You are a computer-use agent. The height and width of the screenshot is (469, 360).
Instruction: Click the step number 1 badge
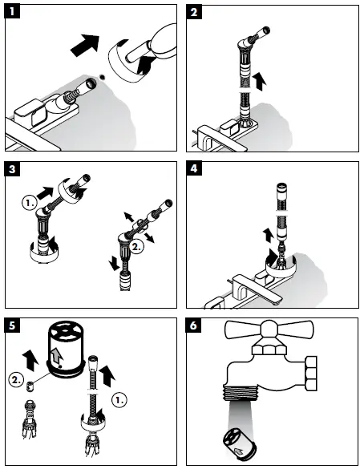(12, 12)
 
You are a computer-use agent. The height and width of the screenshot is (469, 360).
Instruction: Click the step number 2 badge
(194, 12)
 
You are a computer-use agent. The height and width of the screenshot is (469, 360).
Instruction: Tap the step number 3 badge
(12, 169)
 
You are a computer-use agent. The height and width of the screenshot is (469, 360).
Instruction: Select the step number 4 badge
(194, 168)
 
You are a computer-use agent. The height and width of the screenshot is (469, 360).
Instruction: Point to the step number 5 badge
(12, 325)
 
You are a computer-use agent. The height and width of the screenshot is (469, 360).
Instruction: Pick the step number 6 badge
(194, 325)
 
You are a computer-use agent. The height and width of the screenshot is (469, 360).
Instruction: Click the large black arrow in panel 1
(85, 45)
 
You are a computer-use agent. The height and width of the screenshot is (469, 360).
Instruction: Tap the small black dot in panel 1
(103, 77)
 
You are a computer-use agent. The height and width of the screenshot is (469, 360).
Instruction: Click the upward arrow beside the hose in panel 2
(259, 81)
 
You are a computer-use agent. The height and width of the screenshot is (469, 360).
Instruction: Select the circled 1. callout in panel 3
(30, 203)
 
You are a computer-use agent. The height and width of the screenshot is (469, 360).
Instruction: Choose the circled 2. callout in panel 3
(136, 247)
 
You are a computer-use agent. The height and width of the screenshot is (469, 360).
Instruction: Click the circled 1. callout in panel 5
(119, 400)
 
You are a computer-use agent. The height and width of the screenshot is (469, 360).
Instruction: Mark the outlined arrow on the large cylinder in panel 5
(57, 355)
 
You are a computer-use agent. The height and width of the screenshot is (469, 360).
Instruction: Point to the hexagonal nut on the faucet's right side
(311, 374)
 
